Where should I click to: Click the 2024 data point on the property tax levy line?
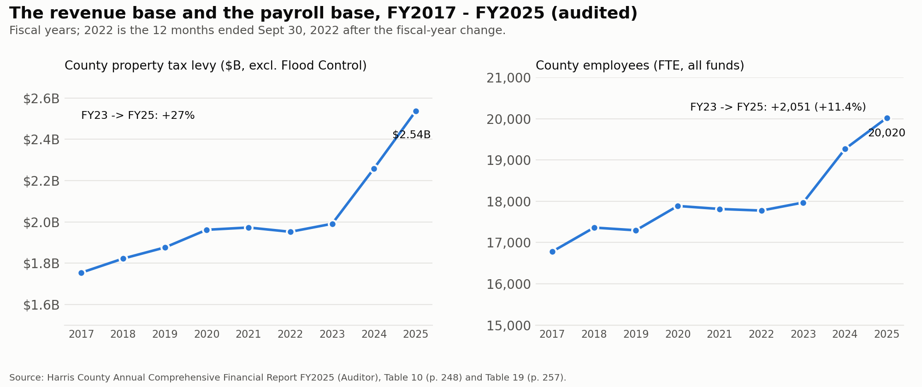374,169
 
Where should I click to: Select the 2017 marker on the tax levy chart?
82,273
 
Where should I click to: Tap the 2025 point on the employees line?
887,118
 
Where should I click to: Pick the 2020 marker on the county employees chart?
678,206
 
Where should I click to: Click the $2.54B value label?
411,135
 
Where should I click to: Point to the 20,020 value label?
887,133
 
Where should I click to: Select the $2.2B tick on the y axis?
41,181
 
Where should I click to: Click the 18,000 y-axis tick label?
509,202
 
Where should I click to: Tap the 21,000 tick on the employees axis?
509,78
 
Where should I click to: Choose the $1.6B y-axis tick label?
41,305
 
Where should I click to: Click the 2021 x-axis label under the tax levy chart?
248,334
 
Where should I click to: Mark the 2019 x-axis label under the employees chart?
636,334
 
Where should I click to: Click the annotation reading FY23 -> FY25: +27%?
138,116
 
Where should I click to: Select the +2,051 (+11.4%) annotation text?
818,107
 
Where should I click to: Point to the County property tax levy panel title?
216,66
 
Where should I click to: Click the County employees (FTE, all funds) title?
640,66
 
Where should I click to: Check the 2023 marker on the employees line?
803,203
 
